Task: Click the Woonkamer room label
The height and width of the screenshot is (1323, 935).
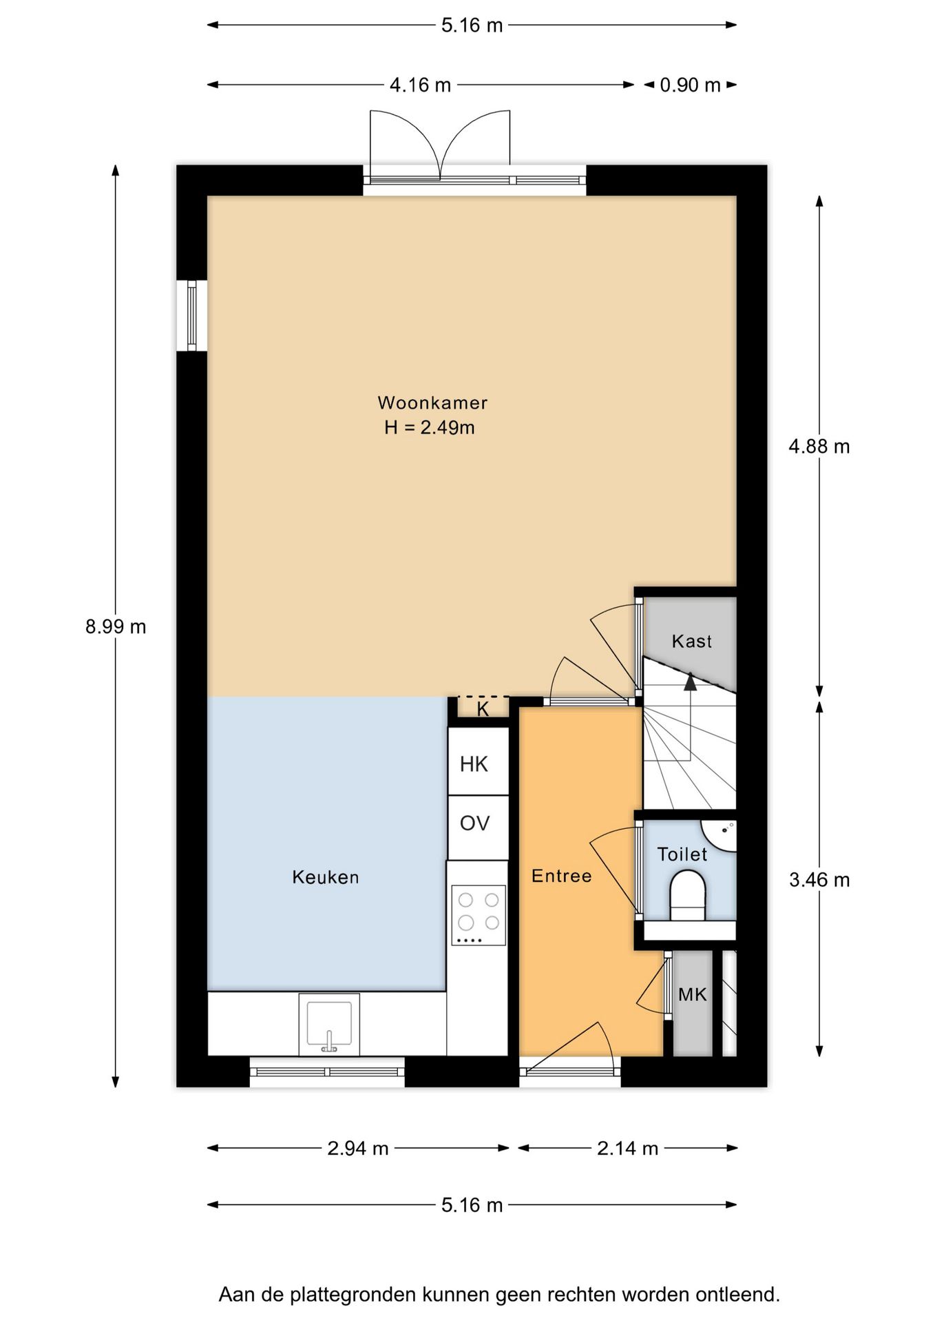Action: tap(432, 402)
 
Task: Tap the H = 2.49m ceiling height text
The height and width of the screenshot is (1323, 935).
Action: tap(430, 427)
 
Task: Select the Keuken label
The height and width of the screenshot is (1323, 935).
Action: tap(326, 877)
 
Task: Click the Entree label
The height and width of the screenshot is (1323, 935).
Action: tap(562, 876)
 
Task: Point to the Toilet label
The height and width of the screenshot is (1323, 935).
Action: tap(682, 854)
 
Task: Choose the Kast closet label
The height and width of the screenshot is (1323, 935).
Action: tap(692, 642)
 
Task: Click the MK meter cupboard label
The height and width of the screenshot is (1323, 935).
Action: tap(693, 994)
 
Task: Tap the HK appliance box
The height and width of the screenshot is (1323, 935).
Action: tap(478, 763)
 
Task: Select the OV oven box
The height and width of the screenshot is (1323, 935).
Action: tap(478, 828)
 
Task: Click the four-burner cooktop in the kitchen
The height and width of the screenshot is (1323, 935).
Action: tap(479, 915)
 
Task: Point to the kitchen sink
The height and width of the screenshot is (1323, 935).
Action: tap(329, 1025)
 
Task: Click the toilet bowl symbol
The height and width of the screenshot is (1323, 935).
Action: tap(688, 895)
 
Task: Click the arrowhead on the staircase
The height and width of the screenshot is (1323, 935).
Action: tap(690, 681)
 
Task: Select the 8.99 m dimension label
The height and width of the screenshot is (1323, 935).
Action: tap(116, 627)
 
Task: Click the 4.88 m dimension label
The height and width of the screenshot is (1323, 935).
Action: tap(819, 447)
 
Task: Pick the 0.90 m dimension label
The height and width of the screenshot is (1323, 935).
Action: tap(691, 85)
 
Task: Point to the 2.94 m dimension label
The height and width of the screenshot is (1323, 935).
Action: tap(358, 1149)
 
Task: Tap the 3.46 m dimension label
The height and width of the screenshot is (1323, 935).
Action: tap(819, 880)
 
